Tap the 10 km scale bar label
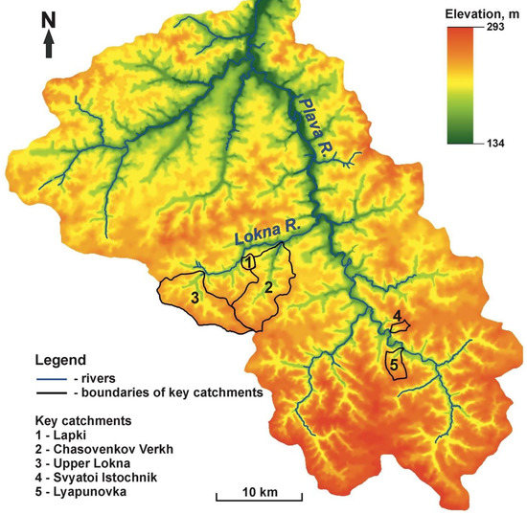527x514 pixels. click(x=254, y=491)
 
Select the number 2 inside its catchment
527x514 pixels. click(x=269, y=286)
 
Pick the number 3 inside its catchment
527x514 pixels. click(x=195, y=298)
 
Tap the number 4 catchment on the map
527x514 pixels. click(x=397, y=317)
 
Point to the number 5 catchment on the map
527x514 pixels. click(x=394, y=363)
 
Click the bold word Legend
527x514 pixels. click(x=60, y=360)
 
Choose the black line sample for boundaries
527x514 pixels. click(x=52, y=392)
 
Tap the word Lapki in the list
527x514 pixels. click(x=73, y=436)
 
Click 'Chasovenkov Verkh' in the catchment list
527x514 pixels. click(x=108, y=450)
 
